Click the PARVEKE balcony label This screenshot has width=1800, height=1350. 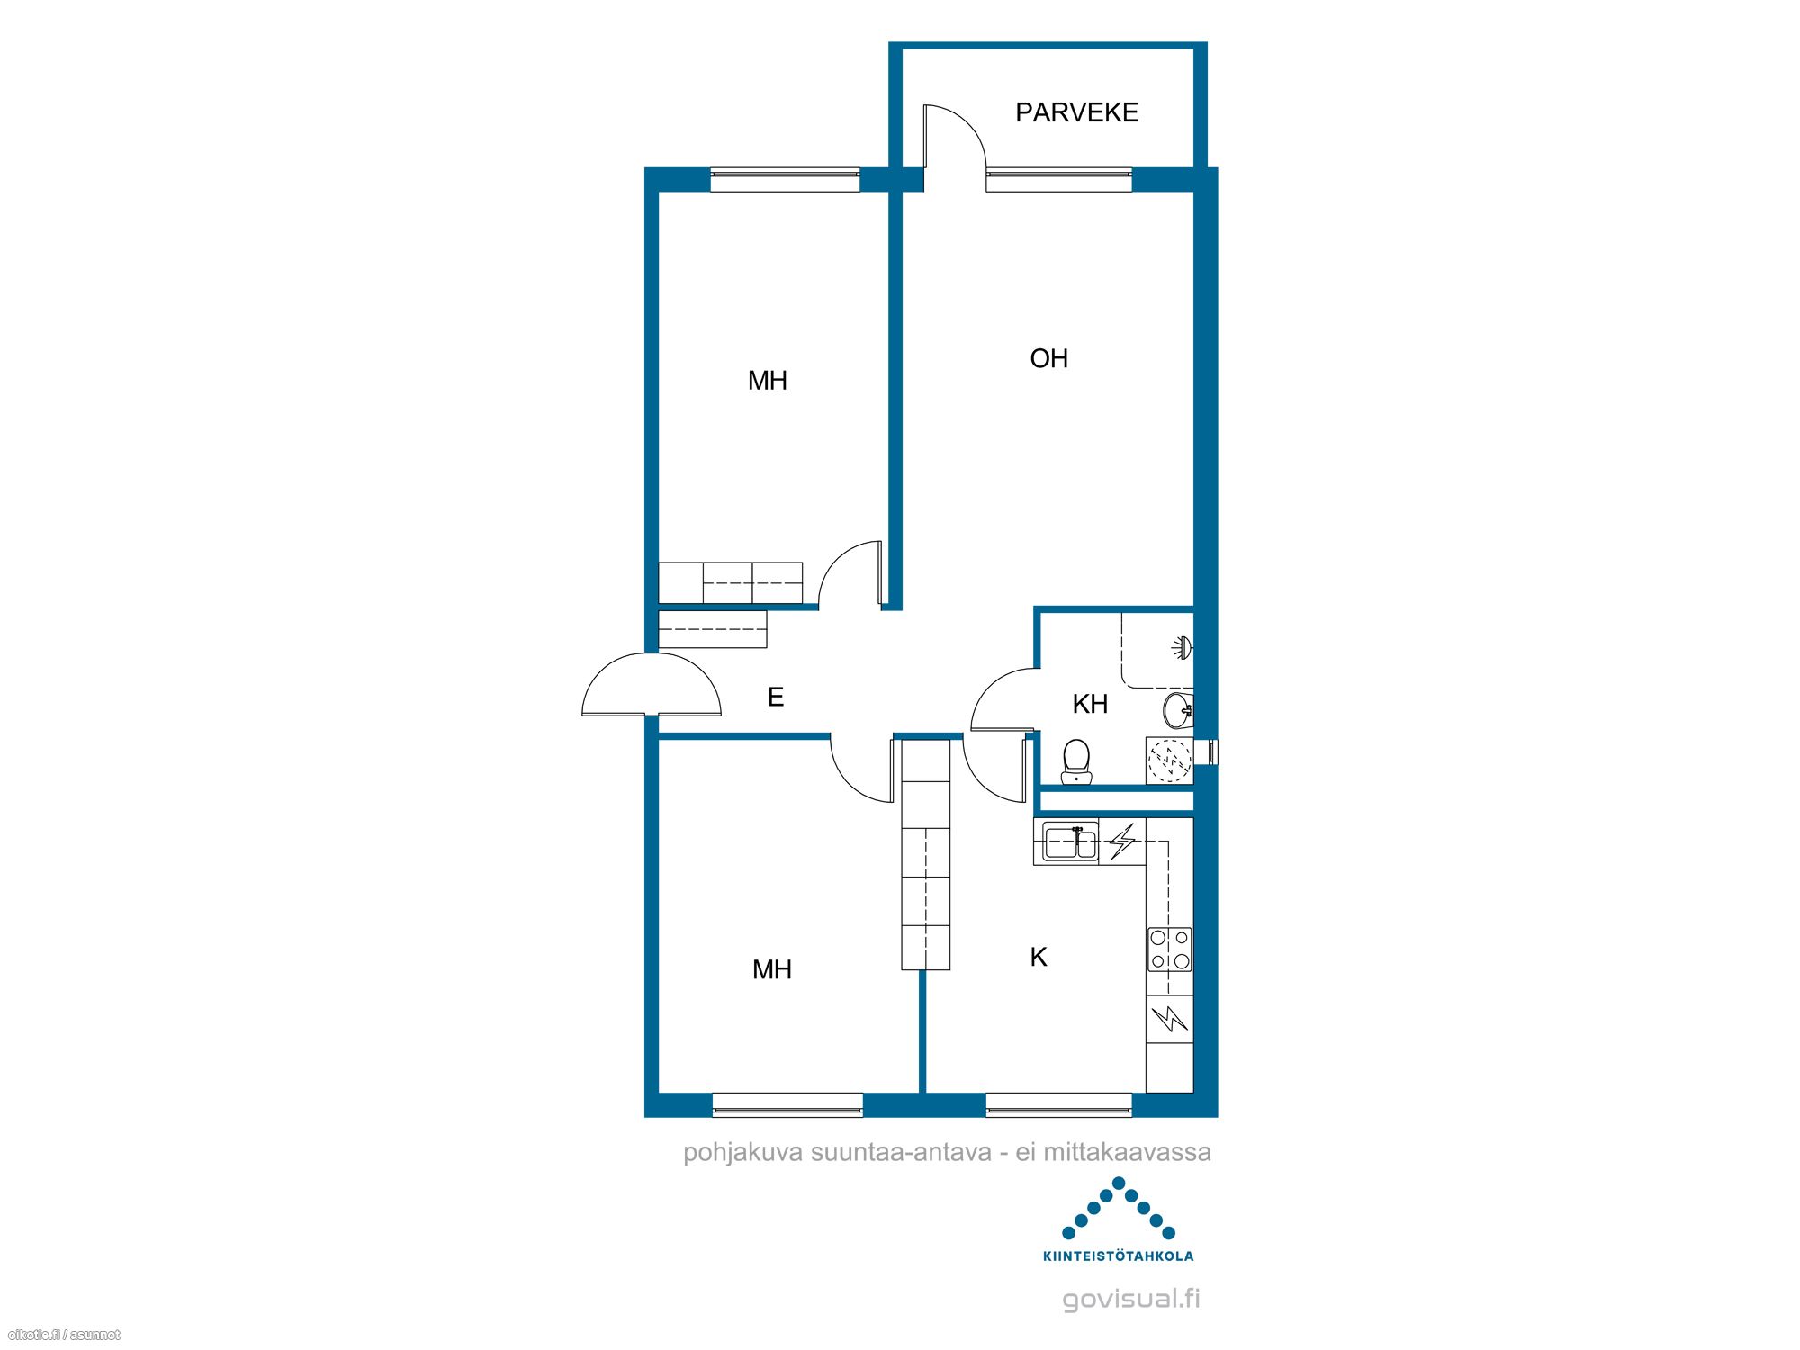1076,112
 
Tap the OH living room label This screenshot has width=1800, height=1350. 1048,358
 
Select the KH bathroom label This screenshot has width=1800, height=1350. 1090,704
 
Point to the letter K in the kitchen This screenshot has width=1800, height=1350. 1039,957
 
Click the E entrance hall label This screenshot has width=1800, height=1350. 776,697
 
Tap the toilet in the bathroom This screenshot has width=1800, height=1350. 1076,761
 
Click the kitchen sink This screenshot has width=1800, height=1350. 1071,842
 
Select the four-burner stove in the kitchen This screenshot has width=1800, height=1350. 1170,949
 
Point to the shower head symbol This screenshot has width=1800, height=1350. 1183,646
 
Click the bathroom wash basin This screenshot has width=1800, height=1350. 1178,710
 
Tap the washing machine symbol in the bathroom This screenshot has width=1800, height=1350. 1170,760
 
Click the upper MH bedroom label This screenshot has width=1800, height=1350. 768,381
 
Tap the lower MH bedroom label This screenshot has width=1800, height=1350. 772,969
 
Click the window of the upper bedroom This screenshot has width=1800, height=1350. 786,179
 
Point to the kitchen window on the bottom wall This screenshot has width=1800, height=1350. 1059,1104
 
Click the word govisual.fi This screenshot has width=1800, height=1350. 1131,1299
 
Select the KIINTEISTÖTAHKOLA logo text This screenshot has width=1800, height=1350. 1119,1255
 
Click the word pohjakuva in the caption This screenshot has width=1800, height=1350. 743,1153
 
